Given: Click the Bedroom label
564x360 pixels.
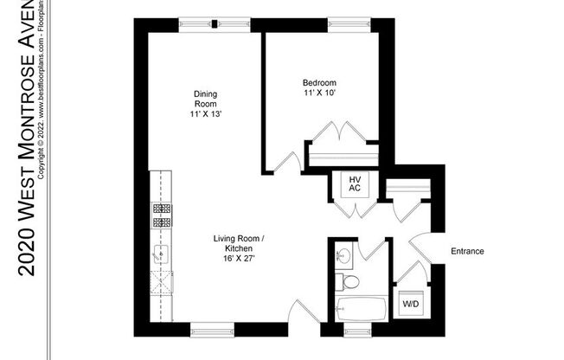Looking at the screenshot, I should point(319,82).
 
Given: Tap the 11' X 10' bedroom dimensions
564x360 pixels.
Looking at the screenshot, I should point(319,92).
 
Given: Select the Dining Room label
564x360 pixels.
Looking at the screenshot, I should point(205,99).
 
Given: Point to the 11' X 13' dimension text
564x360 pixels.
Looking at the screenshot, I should point(205,114).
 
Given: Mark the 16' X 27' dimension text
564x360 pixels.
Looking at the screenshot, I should point(239,257).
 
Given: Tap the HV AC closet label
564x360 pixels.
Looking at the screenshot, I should point(354,184).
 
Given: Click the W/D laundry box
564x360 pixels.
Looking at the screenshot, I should point(408,304).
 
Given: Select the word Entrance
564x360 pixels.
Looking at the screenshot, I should point(467,252).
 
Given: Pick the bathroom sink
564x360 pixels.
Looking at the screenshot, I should point(344,255).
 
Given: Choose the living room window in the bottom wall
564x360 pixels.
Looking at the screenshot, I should point(211,328).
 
